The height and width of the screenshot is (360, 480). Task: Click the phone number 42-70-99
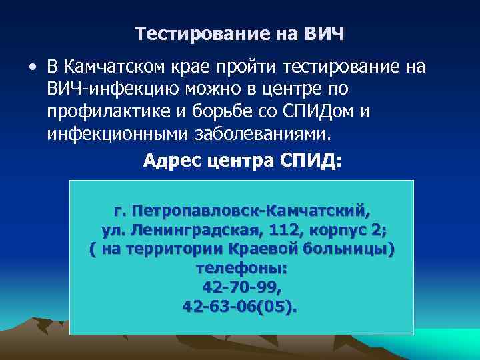click(x=241, y=287)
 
